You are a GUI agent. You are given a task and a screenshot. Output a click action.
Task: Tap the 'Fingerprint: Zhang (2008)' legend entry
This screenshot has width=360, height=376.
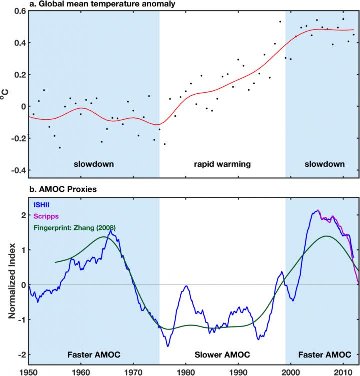click(x=75, y=228)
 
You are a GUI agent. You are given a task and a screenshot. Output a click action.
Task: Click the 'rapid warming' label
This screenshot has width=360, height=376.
click(x=222, y=164)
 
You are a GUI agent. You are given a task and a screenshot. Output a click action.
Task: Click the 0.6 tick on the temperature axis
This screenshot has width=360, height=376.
click(x=20, y=11)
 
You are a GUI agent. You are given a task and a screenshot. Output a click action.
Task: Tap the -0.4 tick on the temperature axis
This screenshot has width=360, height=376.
click(x=18, y=170)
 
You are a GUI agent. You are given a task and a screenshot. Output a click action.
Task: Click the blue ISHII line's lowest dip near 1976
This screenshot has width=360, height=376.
click(x=168, y=346)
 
